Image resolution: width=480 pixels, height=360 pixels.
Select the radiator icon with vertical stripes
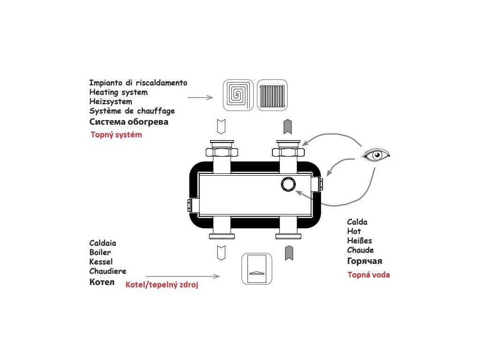(272, 95)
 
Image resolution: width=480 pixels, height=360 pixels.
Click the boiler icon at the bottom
(256, 269)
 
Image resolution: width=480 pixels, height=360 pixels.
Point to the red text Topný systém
(116, 135)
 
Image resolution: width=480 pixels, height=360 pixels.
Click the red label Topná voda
(368, 275)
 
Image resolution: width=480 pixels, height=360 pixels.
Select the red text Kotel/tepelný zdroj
(162, 285)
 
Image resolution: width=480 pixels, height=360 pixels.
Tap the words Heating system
(118, 92)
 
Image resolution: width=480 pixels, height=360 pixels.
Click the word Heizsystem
(111, 102)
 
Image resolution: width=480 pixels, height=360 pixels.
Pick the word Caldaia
(103, 243)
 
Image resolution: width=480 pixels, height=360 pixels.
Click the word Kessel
(101, 262)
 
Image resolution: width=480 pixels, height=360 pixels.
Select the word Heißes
(360, 240)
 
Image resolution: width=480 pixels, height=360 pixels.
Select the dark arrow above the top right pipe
(288, 126)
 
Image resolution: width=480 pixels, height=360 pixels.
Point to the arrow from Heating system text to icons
(200, 97)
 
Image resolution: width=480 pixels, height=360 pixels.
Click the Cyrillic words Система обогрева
(128, 122)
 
